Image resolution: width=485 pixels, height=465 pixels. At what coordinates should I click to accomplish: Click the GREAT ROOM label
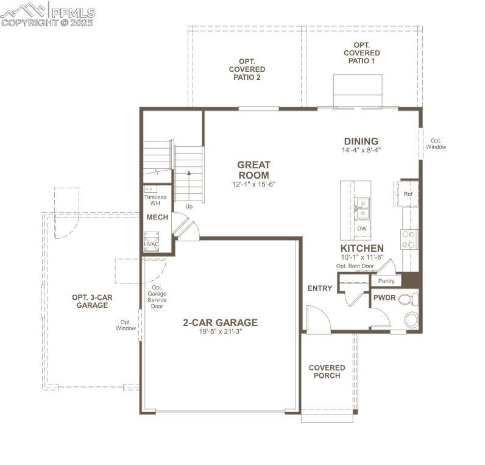253,170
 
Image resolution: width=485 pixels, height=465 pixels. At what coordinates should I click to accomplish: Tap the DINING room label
361,141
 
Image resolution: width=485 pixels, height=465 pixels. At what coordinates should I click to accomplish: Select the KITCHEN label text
362,248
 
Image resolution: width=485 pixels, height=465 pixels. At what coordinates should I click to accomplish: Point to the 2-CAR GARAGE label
220,322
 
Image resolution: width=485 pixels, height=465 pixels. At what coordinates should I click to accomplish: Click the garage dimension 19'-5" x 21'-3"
220,332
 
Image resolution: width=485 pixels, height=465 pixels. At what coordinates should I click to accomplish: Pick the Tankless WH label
155,200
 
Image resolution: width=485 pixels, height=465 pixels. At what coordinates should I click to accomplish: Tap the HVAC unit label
151,244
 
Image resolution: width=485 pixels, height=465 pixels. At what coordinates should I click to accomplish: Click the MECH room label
157,218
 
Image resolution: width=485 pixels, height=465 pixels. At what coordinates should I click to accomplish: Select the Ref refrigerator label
408,194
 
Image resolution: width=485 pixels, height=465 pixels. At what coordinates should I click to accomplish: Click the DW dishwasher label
362,229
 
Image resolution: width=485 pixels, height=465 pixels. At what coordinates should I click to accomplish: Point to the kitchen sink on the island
362,207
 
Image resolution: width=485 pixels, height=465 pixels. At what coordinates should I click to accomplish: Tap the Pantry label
386,281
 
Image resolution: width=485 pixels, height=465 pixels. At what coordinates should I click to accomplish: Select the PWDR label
385,299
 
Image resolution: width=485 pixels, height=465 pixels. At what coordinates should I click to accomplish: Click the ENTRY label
320,288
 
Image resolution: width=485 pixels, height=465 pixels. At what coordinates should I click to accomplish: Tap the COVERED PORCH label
327,371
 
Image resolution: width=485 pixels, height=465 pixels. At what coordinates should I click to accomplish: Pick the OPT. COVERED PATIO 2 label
247,69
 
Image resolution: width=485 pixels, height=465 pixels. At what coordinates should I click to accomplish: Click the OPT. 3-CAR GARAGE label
92,301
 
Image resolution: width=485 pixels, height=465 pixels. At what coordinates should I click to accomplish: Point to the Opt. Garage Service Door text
157,296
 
